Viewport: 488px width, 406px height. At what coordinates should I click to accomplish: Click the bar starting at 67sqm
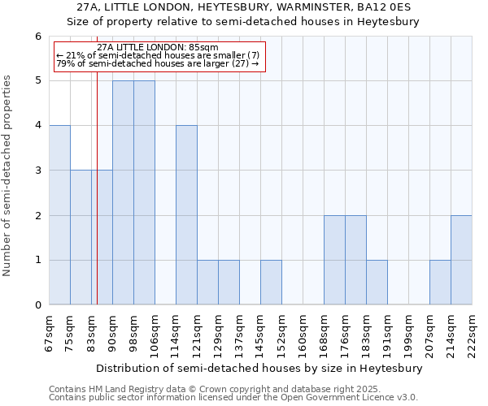[x=59, y=215]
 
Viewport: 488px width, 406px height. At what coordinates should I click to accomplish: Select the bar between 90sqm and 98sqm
[x=123, y=192]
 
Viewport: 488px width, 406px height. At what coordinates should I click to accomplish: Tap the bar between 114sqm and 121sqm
[x=186, y=215]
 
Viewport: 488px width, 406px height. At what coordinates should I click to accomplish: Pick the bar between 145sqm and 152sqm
[x=271, y=283]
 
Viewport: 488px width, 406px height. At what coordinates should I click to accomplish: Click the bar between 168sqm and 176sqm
[x=334, y=260]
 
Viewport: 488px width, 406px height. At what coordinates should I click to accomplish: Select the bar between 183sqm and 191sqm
[x=377, y=283]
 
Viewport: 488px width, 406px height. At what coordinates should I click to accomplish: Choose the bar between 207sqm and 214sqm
[x=440, y=283]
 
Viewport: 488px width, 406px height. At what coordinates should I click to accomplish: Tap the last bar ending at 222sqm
[x=461, y=260]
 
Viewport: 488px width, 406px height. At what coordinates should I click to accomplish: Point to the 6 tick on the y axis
[x=37, y=36]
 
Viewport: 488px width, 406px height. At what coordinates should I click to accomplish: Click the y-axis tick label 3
[x=37, y=171]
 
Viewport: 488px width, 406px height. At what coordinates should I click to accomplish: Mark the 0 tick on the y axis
[x=37, y=305]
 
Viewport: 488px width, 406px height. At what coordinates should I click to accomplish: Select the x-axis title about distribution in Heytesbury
[x=260, y=368]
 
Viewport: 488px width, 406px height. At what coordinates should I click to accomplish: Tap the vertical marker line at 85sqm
[x=97, y=203]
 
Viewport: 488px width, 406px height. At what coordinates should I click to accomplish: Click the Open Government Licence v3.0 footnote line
[x=233, y=398]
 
